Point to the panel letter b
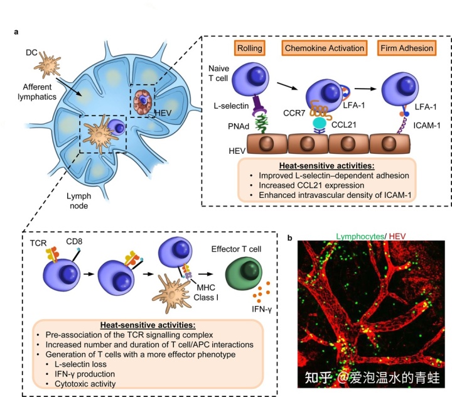tap(290, 238)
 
